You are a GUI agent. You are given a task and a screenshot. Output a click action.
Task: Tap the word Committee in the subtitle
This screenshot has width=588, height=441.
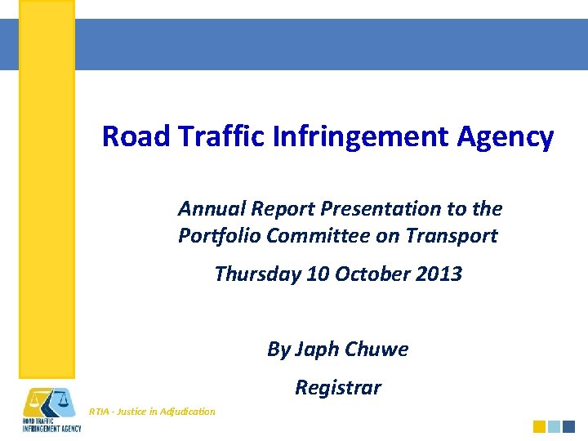(314, 236)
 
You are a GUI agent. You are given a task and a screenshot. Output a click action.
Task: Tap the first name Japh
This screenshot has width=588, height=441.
(315, 350)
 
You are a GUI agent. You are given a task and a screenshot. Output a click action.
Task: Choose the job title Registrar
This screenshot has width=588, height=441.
(337, 387)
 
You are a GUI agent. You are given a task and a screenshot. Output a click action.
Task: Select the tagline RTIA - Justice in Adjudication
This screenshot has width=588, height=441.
(152, 412)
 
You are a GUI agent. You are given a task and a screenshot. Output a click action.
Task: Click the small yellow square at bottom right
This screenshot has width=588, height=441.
(539, 426)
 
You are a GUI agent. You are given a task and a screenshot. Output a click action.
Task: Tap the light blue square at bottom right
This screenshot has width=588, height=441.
(554, 426)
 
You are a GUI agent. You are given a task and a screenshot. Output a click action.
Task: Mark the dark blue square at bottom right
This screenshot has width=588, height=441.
(568, 426)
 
